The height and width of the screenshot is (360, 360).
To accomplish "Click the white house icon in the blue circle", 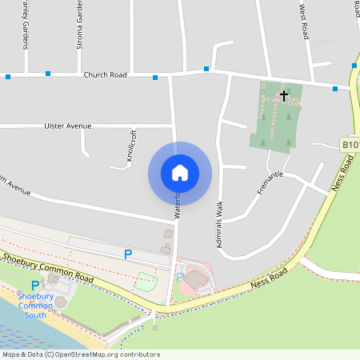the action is tap(180, 172).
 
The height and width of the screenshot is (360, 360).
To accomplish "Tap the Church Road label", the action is tap(105, 75).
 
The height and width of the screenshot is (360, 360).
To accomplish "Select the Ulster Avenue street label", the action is tap(68, 126).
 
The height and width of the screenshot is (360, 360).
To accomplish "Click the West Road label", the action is tap(304, 20).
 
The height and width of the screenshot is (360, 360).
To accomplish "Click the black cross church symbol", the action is tap(283, 95).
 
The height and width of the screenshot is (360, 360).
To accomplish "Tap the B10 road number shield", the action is tap(350, 145).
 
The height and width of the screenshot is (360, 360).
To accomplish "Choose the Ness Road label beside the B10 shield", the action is tap(342, 174).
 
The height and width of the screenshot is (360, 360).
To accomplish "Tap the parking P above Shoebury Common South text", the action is tap(34, 286).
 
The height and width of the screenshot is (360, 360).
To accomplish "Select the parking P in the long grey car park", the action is tap(127, 254).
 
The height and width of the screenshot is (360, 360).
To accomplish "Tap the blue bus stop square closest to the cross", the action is tap(334, 89).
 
